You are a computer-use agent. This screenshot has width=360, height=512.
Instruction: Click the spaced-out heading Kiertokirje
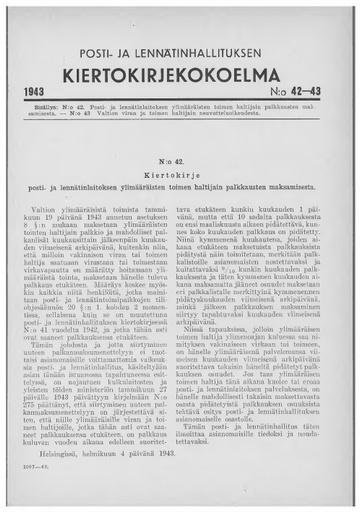tap(179, 172)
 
